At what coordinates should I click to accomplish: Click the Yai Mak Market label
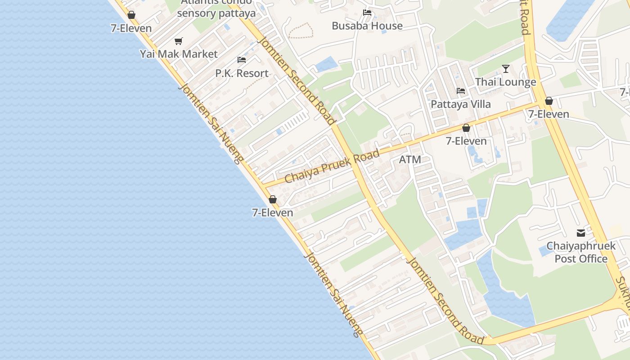point(179,54)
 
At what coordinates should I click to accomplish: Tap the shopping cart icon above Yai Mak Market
point(179,41)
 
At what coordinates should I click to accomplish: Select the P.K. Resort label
point(242,73)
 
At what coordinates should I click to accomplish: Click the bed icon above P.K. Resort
point(242,60)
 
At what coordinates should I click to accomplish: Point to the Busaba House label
point(367,26)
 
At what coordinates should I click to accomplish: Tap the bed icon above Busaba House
point(367,13)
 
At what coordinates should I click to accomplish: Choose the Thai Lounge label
point(506,82)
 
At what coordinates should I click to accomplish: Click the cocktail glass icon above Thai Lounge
point(506,69)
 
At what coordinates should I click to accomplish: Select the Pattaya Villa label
point(461,104)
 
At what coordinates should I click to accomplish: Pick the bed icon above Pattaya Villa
point(461,91)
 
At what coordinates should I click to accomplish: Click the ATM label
point(410,159)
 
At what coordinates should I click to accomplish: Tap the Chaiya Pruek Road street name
point(332,166)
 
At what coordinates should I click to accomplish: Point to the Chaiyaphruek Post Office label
point(581,252)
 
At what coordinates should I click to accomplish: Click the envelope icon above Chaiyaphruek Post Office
point(581,233)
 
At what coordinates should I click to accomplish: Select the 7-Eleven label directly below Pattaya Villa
point(466,141)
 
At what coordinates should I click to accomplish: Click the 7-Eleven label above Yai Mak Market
point(131,28)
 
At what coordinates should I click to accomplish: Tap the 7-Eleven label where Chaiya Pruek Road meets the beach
point(273,213)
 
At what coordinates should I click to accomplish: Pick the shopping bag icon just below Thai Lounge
point(549,101)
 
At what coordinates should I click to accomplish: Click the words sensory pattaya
point(216,13)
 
